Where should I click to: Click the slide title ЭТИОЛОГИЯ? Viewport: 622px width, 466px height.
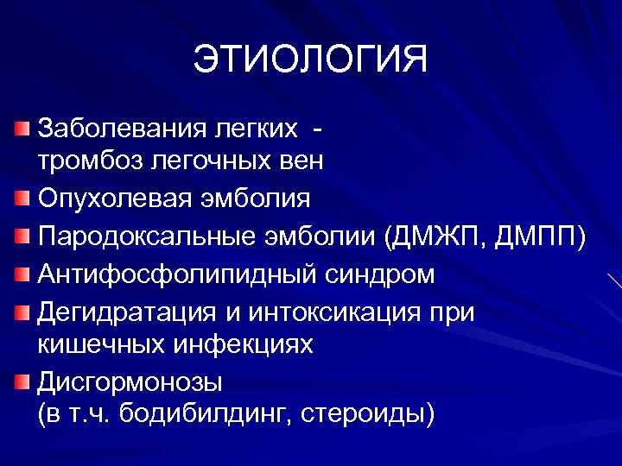pos(310,60)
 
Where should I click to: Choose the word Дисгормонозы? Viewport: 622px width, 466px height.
pos(118,380)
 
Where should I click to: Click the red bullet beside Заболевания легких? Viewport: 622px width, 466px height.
pos(22,129)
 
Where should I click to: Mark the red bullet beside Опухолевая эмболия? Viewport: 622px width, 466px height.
pos(22,198)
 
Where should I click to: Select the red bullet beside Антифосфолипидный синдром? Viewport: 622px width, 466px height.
pos(22,274)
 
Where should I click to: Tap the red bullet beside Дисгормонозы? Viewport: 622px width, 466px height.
pos(22,379)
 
